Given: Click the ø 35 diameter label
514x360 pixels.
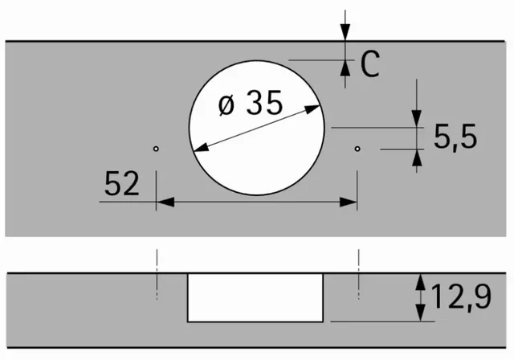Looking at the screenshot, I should click(x=250, y=105).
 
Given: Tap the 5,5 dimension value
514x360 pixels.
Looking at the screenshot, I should click(x=455, y=137).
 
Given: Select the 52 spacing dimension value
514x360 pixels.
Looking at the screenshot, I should click(x=121, y=186).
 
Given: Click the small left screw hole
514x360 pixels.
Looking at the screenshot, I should click(x=157, y=149).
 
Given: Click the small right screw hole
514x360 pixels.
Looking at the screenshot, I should click(x=357, y=149).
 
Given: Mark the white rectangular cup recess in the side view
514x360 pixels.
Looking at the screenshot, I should click(x=256, y=297).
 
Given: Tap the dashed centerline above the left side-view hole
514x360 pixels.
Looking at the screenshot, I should click(x=157, y=262).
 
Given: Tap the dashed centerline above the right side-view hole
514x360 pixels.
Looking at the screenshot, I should click(x=357, y=262).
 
